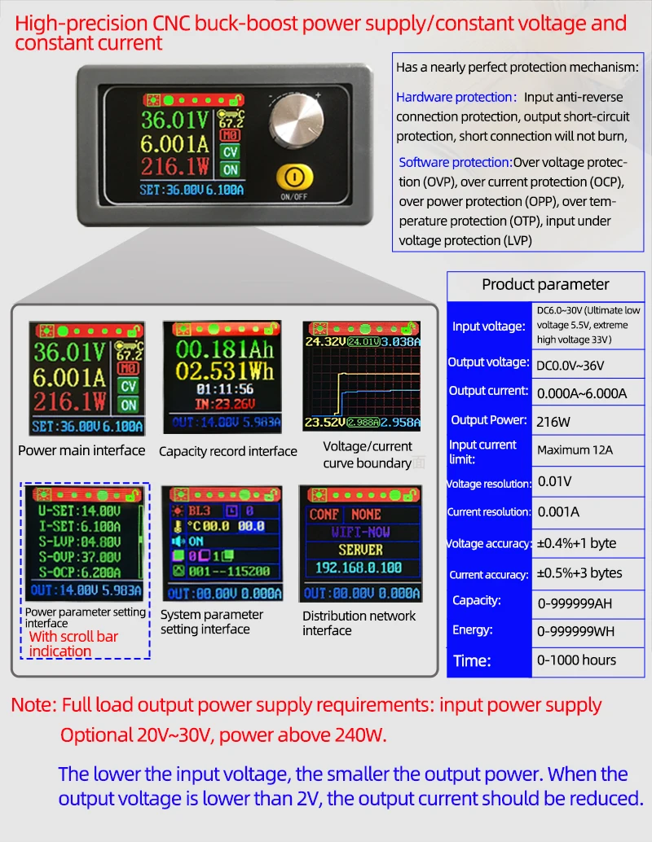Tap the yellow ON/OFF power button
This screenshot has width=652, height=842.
coord(293,178)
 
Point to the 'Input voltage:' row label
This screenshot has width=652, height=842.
coord(488,327)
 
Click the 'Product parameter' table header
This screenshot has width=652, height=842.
coord(545,284)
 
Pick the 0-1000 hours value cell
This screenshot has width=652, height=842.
coord(576,660)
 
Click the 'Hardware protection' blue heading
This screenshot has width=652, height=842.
coord(456,98)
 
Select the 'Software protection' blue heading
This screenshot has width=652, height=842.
coord(456,162)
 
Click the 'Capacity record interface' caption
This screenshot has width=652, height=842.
coord(227,451)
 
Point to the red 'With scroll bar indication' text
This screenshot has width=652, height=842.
coord(73,643)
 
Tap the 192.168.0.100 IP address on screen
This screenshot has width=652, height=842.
coord(359,568)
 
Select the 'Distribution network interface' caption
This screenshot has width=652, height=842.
coord(359,623)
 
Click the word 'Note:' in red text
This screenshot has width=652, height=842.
coord(33,705)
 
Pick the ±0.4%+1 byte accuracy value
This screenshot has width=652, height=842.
coord(576,543)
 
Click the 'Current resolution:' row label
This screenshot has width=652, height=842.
coord(488,512)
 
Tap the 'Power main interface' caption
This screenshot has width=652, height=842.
coord(81,450)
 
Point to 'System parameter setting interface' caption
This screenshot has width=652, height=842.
coord(212,621)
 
